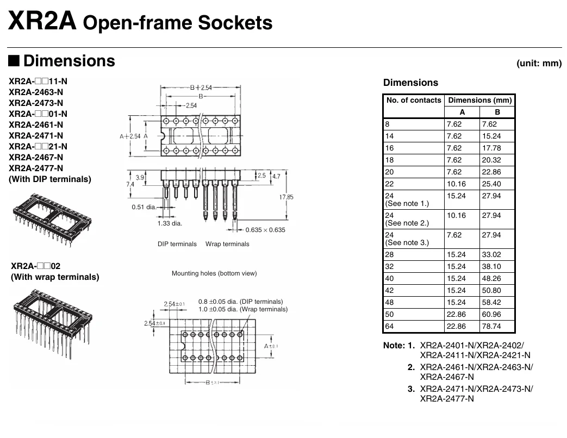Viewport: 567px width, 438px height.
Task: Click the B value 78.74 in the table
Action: tap(491, 327)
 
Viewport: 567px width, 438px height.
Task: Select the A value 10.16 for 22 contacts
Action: tap(456, 184)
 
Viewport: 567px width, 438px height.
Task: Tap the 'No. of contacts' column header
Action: tap(414, 100)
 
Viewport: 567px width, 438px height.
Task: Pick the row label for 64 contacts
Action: tap(389, 327)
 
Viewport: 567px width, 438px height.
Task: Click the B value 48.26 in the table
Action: tap(491, 279)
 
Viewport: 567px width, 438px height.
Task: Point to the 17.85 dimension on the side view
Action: tap(286, 197)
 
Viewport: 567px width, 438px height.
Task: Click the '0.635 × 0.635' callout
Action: tap(265, 230)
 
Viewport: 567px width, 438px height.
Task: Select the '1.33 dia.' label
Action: tap(170, 223)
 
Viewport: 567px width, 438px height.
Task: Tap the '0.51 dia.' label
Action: tap(144, 207)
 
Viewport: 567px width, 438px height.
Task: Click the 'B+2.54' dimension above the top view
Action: tap(201, 87)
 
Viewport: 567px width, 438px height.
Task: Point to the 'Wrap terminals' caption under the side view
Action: tap(227, 244)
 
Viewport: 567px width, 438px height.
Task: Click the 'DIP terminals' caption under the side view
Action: tap(177, 244)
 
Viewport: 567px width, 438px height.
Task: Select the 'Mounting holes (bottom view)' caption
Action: tap(214, 273)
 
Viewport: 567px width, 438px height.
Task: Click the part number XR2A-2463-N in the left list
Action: tap(36, 92)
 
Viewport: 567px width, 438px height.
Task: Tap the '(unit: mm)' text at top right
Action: tap(539, 63)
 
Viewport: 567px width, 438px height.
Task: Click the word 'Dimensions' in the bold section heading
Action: tap(70, 61)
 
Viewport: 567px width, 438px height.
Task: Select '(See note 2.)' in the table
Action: tap(407, 223)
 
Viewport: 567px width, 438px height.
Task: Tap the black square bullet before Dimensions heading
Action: tap(14, 60)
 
